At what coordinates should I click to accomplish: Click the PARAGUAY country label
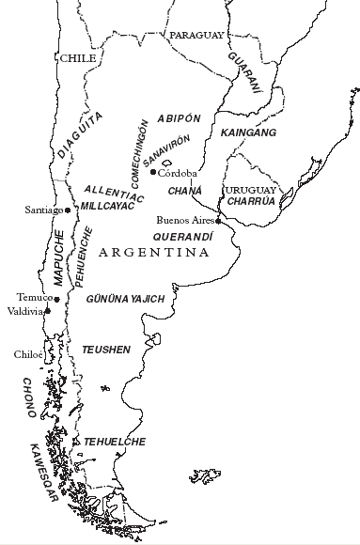(196, 35)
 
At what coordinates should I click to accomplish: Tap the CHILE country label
(79, 58)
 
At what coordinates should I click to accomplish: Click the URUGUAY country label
(247, 189)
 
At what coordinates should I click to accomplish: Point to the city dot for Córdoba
(154, 172)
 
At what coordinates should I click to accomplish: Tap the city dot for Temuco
(56, 299)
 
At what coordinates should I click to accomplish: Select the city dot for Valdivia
(47, 310)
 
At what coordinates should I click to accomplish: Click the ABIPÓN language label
(180, 118)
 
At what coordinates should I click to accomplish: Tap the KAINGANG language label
(248, 134)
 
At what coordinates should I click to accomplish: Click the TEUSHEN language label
(106, 348)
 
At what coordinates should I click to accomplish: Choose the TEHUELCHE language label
(115, 441)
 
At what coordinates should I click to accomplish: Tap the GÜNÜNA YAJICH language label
(125, 299)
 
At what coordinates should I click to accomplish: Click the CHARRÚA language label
(249, 200)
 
